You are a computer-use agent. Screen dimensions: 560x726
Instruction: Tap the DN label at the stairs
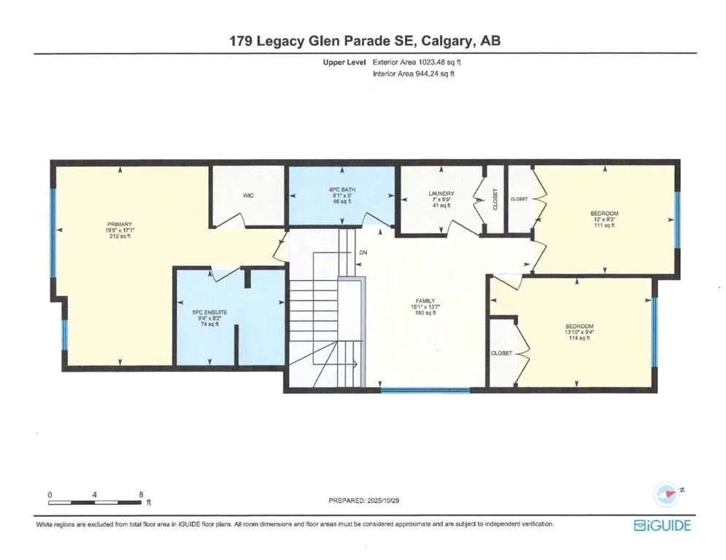click(x=363, y=253)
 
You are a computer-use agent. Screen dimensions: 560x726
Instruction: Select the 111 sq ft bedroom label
click(x=603, y=219)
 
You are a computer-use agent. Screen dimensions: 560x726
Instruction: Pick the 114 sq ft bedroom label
click(x=579, y=332)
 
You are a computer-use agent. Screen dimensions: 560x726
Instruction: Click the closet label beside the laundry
click(x=495, y=200)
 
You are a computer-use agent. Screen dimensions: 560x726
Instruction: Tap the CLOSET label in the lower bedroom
click(x=501, y=353)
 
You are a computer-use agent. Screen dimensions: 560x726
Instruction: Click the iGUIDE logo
click(x=662, y=525)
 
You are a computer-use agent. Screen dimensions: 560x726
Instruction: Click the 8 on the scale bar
click(x=142, y=494)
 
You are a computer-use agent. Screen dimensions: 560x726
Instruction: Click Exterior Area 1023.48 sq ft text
click(x=417, y=63)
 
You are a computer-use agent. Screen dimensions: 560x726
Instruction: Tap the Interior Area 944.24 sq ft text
click(x=414, y=74)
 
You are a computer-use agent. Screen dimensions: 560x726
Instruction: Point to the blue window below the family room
click(x=415, y=390)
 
